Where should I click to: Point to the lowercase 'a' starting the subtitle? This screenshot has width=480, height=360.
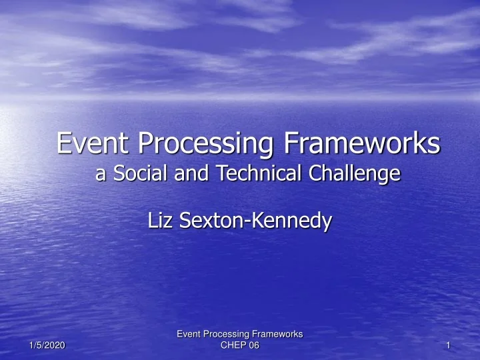(101, 175)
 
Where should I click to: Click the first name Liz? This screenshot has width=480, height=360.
(159, 221)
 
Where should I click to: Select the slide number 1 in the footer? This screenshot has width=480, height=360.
(449, 345)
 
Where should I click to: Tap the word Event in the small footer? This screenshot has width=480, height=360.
(188, 333)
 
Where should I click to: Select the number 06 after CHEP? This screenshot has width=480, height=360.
(253, 345)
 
